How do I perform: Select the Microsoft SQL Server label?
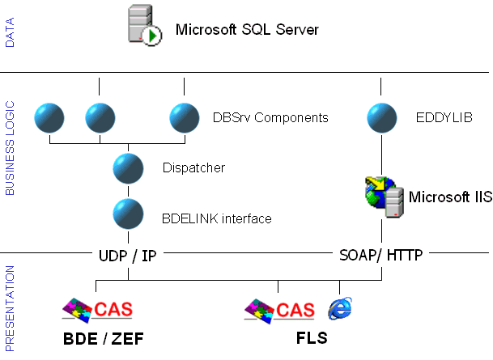click(x=247, y=30)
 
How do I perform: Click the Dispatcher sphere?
click(x=129, y=168)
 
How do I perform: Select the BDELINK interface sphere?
click(x=129, y=214)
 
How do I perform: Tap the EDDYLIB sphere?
click(x=381, y=118)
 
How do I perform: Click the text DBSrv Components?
click(x=270, y=118)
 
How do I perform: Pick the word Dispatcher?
click(x=193, y=168)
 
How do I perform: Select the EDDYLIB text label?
click(x=444, y=118)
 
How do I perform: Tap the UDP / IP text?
click(x=127, y=256)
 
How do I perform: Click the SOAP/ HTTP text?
click(x=381, y=256)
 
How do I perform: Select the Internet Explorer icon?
click(x=340, y=307)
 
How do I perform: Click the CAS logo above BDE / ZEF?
click(x=97, y=308)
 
